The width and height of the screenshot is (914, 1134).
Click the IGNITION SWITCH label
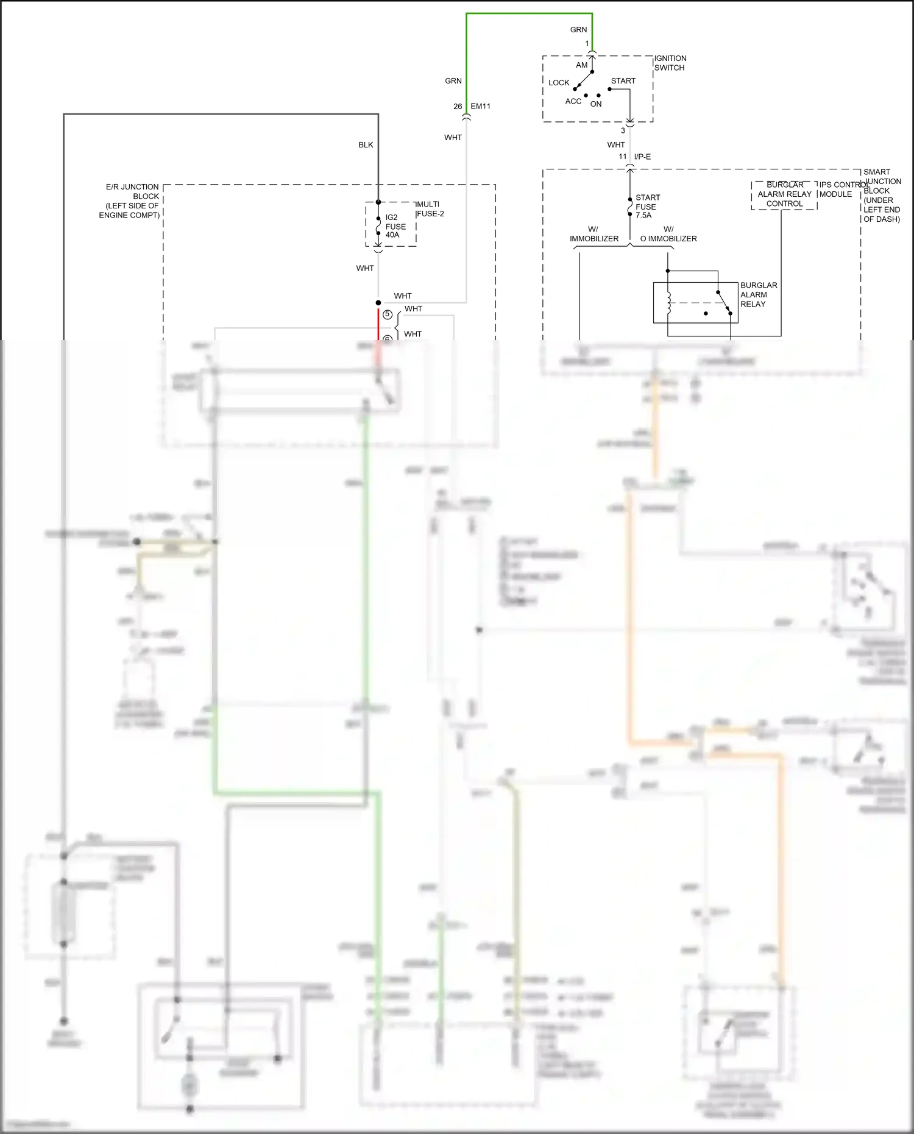pyautogui.click(x=670, y=63)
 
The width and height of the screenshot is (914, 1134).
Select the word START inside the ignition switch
pyautogui.click(x=623, y=81)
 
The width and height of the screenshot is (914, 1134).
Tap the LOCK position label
pyautogui.click(x=558, y=83)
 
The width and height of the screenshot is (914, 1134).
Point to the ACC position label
pyautogui.click(x=573, y=102)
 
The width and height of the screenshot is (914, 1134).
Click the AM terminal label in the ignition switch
pyautogui.click(x=581, y=65)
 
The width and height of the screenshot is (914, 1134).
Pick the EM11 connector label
pyautogui.click(x=480, y=107)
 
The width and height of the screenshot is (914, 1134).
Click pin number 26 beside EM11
pyautogui.click(x=457, y=107)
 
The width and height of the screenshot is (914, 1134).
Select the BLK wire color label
pyautogui.click(x=366, y=145)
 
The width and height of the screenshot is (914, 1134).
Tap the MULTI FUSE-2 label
pyautogui.click(x=430, y=209)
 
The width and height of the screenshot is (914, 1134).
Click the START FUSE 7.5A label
pyautogui.click(x=647, y=207)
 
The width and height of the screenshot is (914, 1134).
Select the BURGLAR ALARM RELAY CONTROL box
pyautogui.click(x=784, y=194)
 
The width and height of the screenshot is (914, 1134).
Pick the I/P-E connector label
pyautogui.click(x=642, y=157)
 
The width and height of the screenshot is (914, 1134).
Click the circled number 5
pyautogui.click(x=388, y=314)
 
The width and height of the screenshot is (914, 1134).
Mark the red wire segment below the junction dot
pyautogui.click(x=378, y=323)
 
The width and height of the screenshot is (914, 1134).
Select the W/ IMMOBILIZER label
pyautogui.click(x=593, y=234)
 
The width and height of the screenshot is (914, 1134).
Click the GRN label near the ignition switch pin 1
pyautogui.click(x=578, y=30)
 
